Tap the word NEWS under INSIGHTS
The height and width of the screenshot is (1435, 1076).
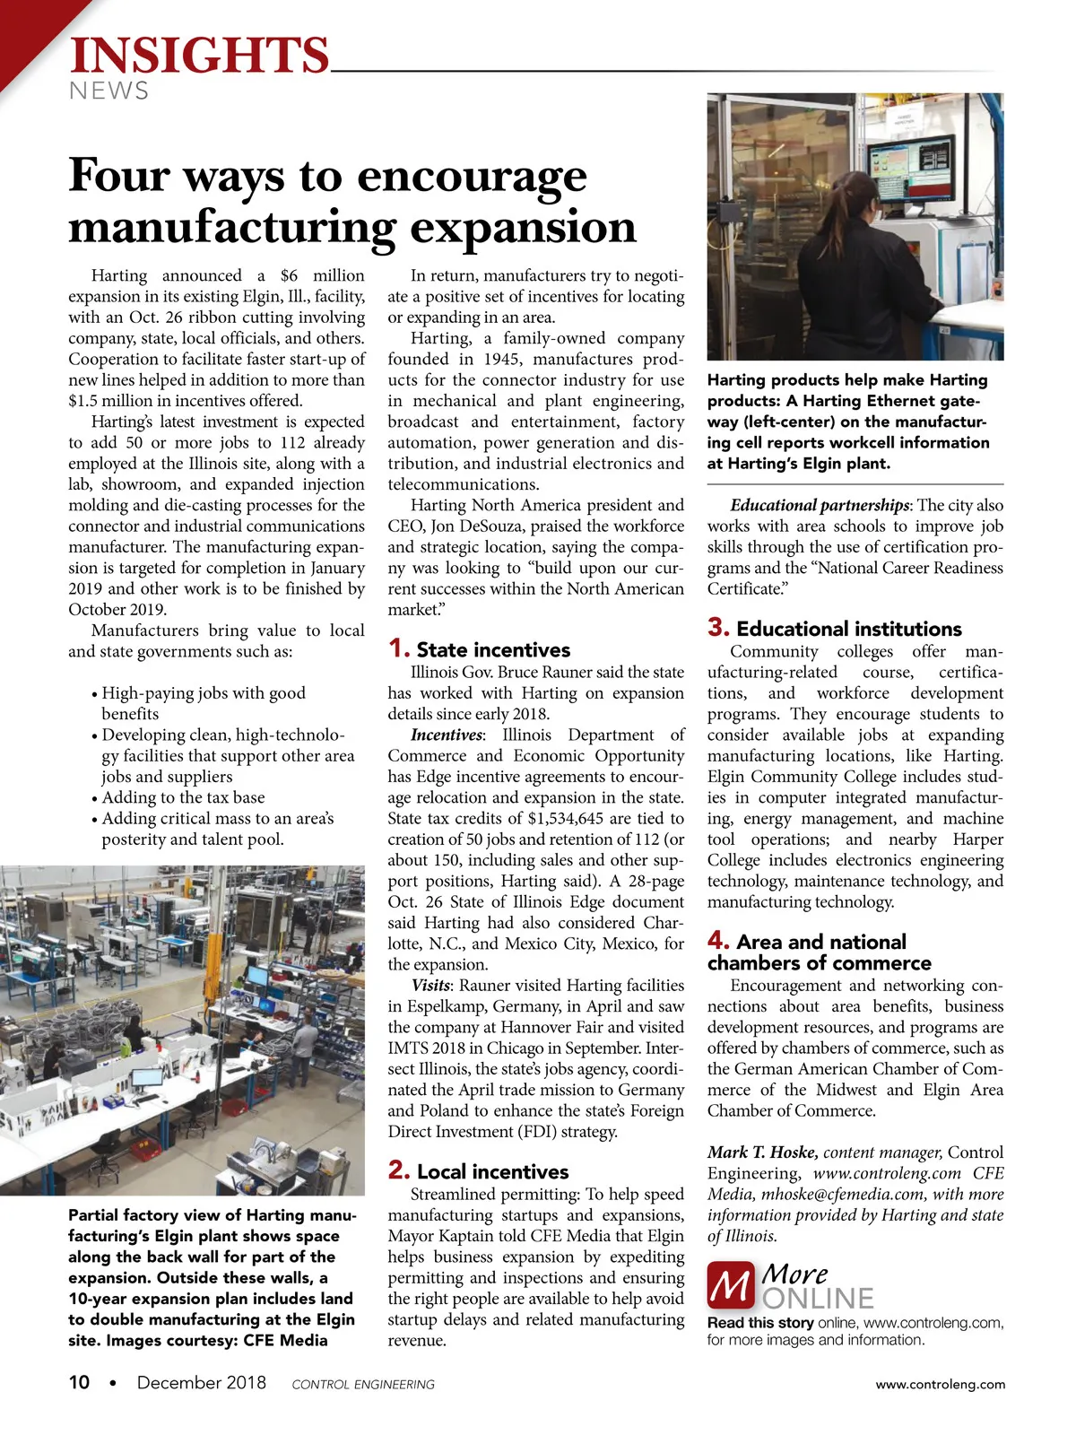108,91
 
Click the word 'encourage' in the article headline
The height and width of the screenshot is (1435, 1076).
473,175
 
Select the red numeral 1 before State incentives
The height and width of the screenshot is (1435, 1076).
399,648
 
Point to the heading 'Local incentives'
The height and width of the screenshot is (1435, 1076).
492,1171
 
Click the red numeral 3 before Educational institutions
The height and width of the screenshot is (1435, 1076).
718,627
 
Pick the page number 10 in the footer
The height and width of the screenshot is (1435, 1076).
79,1382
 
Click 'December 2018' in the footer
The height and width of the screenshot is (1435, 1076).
201,1382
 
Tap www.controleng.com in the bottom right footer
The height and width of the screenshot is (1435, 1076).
940,1384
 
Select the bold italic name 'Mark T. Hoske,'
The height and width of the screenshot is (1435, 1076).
762,1152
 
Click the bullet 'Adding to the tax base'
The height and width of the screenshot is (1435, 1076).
183,797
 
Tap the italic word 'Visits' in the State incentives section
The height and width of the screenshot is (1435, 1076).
430,985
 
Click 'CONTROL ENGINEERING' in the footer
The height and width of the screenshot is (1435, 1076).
363,1385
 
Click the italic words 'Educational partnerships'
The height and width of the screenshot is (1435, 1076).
820,505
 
